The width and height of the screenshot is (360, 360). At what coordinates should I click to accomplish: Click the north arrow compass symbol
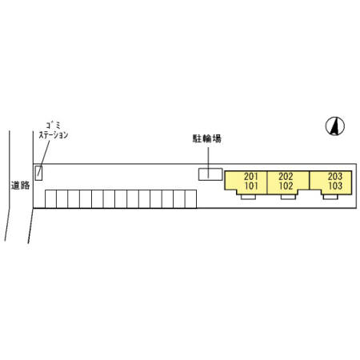[x=335, y=126]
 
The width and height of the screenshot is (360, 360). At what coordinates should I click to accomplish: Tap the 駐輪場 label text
[x=207, y=138]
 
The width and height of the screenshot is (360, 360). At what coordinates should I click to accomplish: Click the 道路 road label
[x=20, y=185]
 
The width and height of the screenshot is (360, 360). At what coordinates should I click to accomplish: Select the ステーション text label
[x=54, y=135]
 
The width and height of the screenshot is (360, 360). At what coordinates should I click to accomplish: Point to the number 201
[x=251, y=176]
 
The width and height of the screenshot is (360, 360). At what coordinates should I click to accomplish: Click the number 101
[x=251, y=186]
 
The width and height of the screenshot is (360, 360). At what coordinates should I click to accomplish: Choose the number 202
[x=286, y=176]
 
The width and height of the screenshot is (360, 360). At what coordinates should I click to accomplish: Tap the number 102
[x=286, y=186]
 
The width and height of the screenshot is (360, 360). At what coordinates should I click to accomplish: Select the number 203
[x=335, y=176]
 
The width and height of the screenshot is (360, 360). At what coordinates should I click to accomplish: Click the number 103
[x=335, y=186]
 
